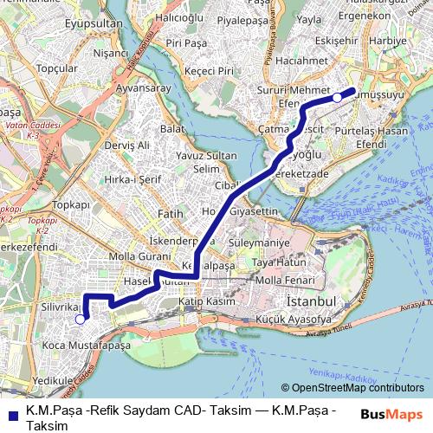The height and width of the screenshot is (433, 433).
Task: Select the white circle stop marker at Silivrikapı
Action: coord(80,320)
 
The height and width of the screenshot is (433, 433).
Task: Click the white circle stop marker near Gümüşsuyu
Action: coord(338,98)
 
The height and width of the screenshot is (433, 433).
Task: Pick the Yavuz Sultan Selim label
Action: coord(207,161)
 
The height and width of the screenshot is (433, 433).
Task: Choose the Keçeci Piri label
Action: coord(201,71)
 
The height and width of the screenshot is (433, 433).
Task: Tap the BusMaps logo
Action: coord(392,414)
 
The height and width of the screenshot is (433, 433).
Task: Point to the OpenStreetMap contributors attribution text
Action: coord(352,388)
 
